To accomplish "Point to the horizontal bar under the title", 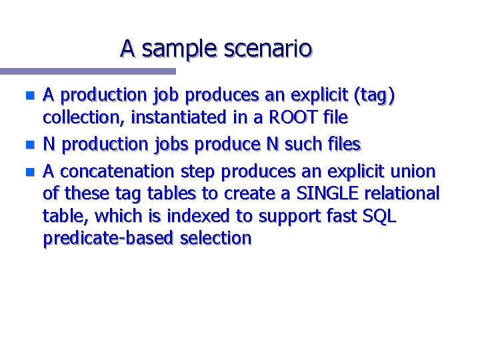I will [87, 71].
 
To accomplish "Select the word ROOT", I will [288, 118].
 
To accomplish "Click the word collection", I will [84, 118].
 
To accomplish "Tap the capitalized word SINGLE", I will [326, 194].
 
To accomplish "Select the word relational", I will [405, 194].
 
